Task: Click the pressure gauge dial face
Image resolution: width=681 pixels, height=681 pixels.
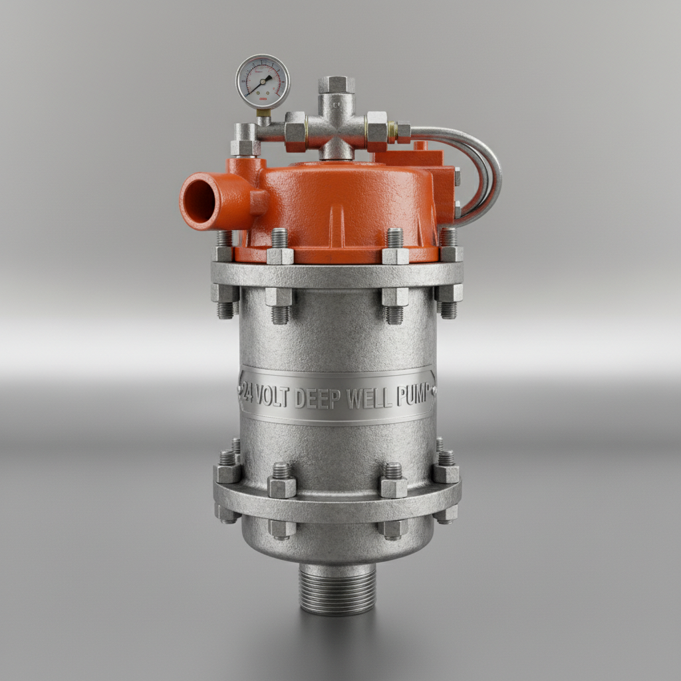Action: [263, 81]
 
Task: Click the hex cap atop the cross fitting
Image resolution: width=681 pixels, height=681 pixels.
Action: [337, 84]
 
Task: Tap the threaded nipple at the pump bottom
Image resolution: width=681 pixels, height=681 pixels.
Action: [337, 589]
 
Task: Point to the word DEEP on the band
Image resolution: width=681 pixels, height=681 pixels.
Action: [317, 398]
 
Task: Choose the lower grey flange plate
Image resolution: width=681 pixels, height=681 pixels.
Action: [337, 495]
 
